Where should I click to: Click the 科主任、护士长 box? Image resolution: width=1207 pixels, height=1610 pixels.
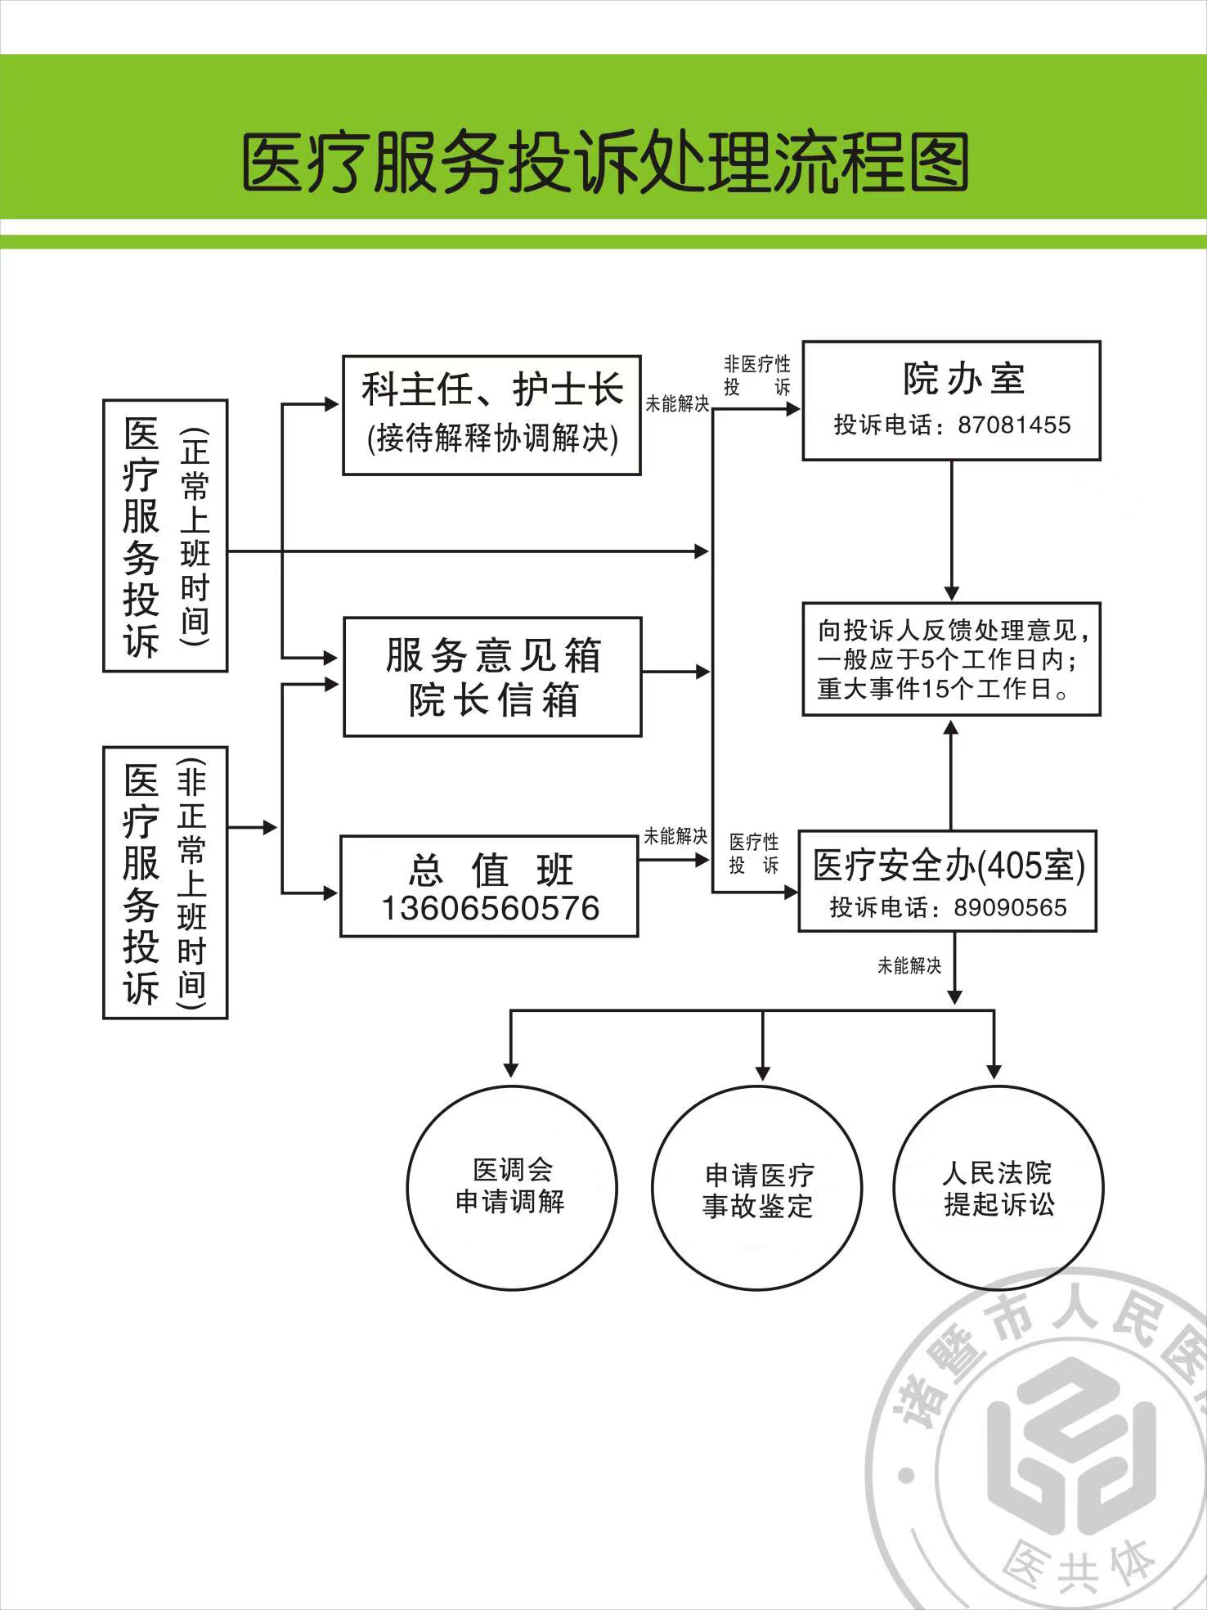(491, 415)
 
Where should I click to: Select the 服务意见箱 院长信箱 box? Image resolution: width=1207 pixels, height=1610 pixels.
(492, 677)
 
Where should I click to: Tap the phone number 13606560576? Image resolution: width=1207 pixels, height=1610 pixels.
(490, 908)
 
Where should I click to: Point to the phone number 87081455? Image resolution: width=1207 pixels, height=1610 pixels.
(1014, 425)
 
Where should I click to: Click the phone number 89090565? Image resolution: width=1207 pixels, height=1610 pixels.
(1011, 907)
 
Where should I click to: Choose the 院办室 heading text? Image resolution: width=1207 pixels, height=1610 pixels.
(964, 379)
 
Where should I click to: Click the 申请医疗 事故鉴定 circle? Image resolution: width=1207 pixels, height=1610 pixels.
(757, 1190)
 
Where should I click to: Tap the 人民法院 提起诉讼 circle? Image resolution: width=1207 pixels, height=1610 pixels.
(998, 1188)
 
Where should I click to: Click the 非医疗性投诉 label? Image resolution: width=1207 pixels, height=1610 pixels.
(757, 376)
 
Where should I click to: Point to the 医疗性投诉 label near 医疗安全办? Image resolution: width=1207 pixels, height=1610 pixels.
(754, 853)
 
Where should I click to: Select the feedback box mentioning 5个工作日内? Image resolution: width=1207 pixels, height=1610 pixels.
(951, 659)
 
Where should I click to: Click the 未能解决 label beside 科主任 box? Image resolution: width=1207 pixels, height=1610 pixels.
(677, 403)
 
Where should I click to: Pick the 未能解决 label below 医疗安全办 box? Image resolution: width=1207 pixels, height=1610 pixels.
(909, 966)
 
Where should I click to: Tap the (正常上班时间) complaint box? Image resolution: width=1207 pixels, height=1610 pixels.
(164, 536)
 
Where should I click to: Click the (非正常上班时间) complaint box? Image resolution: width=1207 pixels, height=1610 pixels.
(164, 882)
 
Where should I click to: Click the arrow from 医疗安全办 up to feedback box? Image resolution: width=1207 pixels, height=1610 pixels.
(951, 773)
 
